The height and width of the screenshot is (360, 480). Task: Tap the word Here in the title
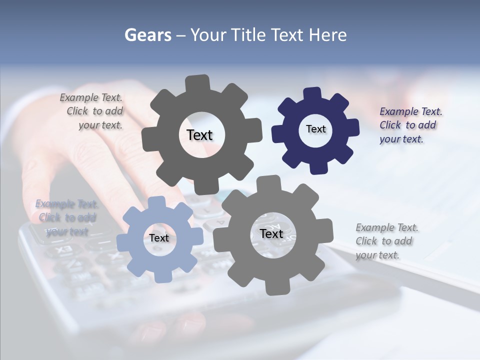[x=327, y=35]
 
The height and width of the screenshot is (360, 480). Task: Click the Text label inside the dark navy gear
[x=315, y=129]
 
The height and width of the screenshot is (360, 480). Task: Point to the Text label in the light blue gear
[x=159, y=238]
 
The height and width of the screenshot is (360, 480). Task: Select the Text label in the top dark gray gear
[x=199, y=135]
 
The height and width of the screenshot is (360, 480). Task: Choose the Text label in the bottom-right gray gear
[x=271, y=233]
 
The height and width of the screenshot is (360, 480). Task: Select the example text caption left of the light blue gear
[x=67, y=217]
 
